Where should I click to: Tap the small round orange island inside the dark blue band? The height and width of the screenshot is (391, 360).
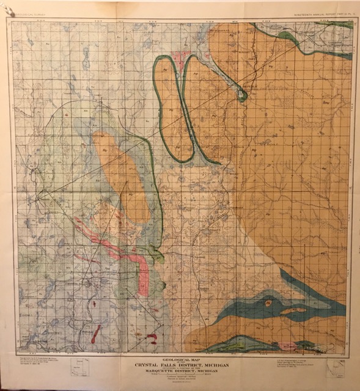267,302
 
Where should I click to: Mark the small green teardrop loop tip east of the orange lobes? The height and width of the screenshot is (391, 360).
243,95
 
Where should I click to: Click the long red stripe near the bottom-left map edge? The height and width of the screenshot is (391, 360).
95,334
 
